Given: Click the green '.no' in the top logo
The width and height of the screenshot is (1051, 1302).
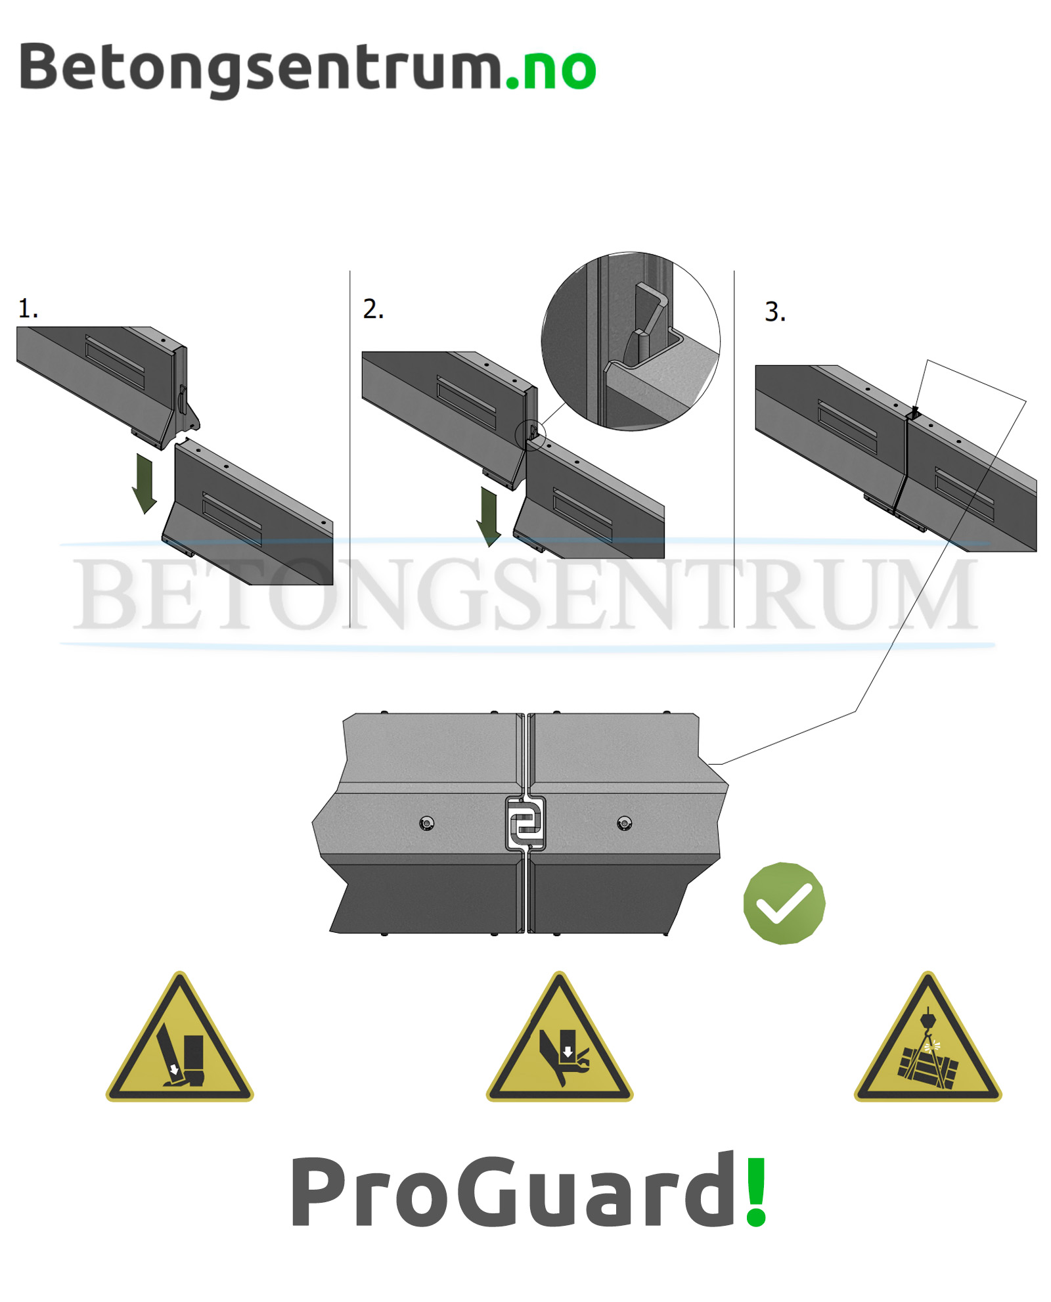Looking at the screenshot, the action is pos(550,69).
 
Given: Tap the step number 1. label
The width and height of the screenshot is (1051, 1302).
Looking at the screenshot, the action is pos(28,308).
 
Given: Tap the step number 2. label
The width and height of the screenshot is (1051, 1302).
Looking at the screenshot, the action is pos(373,308).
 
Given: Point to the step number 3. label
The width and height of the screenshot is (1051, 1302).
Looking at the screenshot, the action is pos(774,311).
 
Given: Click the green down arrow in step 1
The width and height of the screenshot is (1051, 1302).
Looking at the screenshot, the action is pos(145,483).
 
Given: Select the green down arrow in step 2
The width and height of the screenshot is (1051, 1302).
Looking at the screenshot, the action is pos(489,516).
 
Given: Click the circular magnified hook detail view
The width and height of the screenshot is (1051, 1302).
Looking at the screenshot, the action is pos(630,341).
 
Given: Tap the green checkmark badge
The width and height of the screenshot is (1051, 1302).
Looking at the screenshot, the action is pos(784,903).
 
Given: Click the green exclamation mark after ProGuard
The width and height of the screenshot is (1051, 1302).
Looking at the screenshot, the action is pos(756,1191).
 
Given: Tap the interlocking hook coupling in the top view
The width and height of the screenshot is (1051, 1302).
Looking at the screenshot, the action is pos(525,823).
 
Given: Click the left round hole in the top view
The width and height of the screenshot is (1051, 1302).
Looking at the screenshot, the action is pos(427,822).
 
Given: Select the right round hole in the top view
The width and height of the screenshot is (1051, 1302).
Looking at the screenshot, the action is pos(624,822).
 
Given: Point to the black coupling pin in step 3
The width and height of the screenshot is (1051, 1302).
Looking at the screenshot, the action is pos(914,412).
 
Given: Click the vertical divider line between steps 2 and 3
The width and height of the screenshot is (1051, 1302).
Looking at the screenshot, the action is pos(734,449).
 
